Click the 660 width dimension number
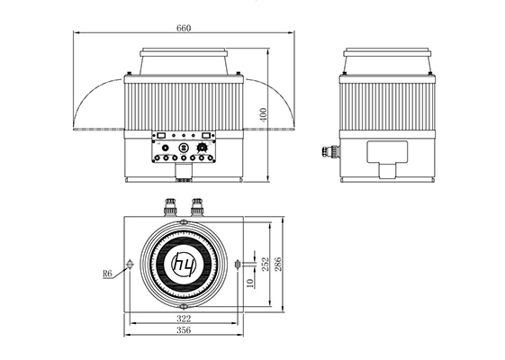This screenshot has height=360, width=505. pyautogui.click(x=184, y=28)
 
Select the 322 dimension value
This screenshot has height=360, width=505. pyautogui.click(x=184, y=319)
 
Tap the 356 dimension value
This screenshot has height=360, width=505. pyautogui.click(x=184, y=331)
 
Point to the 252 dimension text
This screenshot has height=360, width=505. pyautogui.click(x=265, y=264)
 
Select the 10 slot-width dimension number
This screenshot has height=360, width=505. pyautogui.click(x=249, y=283)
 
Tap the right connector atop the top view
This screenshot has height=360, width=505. pyautogui.click(x=197, y=205)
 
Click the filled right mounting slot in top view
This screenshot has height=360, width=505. pyautogui.click(x=237, y=264)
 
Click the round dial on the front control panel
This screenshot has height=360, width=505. pyautogui.click(x=184, y=147)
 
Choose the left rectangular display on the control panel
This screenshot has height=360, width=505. pyautogui.click(x=161, y=137)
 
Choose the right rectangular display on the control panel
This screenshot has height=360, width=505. pyautogui.click(x=206, y=137)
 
